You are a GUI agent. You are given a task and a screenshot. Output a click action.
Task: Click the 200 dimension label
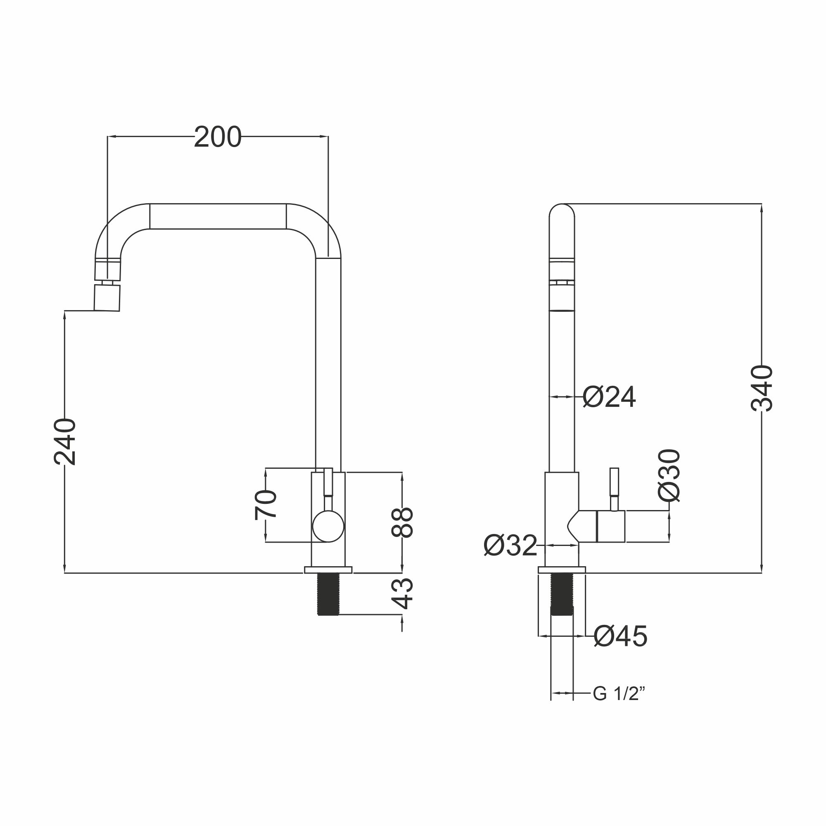pos(218,137)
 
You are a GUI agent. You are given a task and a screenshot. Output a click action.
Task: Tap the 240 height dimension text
pos(65,442)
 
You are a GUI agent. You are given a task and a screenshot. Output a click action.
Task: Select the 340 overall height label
pos(762,388)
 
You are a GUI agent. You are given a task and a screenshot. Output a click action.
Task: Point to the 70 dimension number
pos(266,505)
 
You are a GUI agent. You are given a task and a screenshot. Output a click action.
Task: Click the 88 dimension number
pos(402,522)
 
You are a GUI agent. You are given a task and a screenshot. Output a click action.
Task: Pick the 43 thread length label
pos(402,593)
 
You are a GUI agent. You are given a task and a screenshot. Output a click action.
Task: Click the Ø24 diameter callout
pos(609,397)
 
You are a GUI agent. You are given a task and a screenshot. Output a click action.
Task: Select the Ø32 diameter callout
pos(510,546)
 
